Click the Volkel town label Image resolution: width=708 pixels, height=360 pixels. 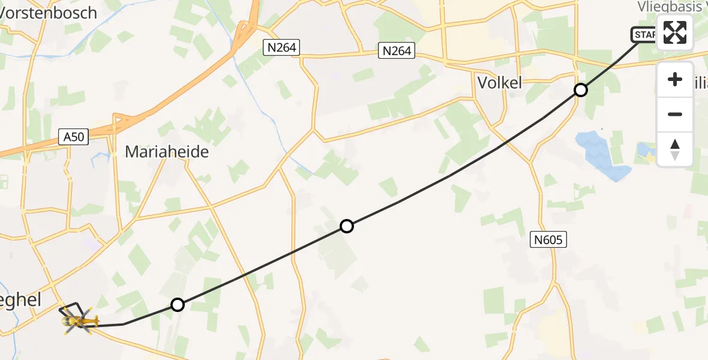tap(499, 83)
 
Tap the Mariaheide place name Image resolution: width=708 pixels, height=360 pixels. tap(167, 152)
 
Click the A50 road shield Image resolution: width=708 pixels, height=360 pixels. tap(74, 137)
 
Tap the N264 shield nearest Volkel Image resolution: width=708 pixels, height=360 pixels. tap(397, 51)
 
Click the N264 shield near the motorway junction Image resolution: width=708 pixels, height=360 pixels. tap(281, 47)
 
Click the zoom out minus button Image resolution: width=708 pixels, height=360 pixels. tap(675, 114)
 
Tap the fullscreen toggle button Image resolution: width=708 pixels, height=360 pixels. tap(675, 32)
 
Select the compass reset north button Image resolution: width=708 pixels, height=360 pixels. tap(675, 149)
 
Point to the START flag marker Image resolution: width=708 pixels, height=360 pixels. tap(644, 35)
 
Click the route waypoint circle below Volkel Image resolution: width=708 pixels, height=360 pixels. tap(580, 90)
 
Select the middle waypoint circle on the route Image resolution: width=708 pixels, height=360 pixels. tap(346, 226)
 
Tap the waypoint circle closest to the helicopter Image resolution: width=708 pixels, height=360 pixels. tap(177, 305)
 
